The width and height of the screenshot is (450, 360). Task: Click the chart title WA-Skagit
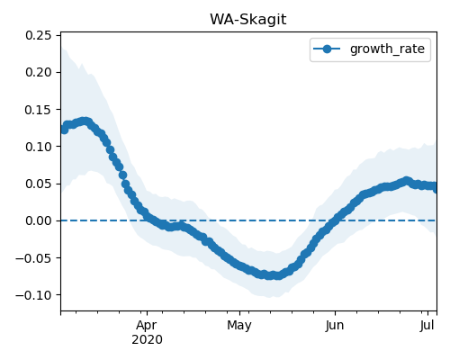(248, 20)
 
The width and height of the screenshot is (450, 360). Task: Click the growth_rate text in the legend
(387, 49)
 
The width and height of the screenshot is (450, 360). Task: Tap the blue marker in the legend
(327, 49)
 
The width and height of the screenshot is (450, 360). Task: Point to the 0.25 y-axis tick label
(39, 35)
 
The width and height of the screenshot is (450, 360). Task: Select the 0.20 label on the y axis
(39, 72)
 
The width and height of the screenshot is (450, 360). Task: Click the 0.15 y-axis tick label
(39, 110)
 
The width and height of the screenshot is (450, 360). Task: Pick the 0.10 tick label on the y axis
(39, 147)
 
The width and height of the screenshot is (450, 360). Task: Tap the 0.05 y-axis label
(39, 184)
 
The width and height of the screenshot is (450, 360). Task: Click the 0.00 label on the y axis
(39, 220)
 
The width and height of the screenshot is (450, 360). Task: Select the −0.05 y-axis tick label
(33, 258)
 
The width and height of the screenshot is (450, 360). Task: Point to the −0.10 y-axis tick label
(33, 295)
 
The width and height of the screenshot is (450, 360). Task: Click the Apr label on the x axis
(147, 326)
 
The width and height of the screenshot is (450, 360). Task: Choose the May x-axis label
(239, 326)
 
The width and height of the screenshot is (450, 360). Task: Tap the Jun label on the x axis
(335, 326)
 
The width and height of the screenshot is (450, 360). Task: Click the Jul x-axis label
(427, 326)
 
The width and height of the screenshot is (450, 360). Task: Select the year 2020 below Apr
(147, 339)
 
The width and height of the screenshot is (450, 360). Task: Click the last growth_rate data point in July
(436, 188)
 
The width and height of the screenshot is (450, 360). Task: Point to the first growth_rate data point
(64, 130)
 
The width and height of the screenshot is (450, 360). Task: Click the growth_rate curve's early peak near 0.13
(85, 121)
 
